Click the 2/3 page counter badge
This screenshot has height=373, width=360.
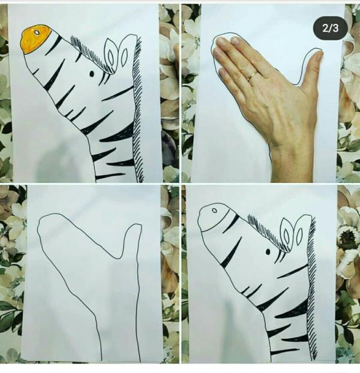point(330,28)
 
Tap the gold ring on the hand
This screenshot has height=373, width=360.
point(252,76)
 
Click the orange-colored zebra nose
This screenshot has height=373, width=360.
point(35,39)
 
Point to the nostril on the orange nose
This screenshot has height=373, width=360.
point(37,32)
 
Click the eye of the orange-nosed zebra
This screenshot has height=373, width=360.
point(92,74)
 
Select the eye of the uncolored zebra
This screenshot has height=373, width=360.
point(268,252)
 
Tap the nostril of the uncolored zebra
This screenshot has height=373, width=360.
point(214,210)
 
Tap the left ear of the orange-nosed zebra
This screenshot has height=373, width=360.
point(110,55)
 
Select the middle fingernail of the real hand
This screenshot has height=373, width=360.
point(221,42)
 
